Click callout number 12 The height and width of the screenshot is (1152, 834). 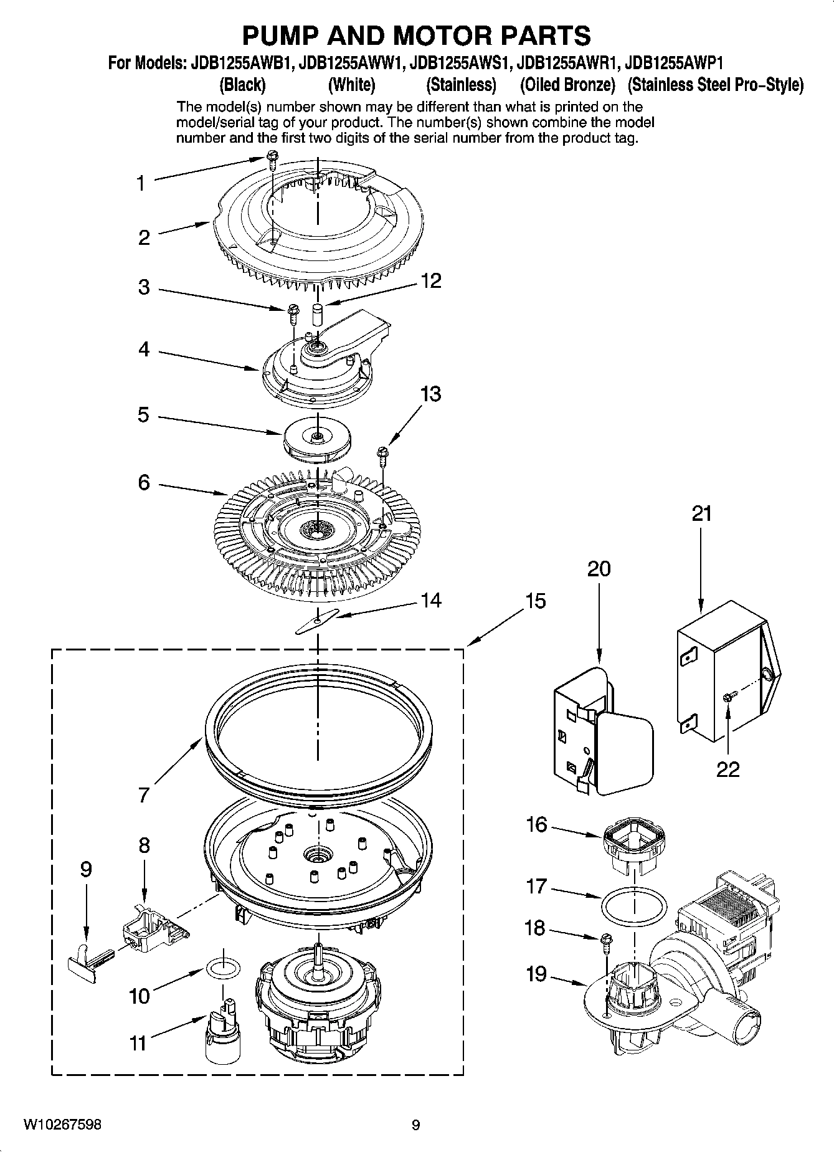tap(431, 281)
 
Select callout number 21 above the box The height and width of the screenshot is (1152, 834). tap(701, 514)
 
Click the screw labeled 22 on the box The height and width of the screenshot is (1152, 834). tap(728, 697)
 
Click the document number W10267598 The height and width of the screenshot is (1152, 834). tap(62, 1125)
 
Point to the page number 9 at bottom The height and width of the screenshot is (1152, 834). tap(415, 1125)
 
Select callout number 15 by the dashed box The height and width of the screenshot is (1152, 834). tap(535, 601)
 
